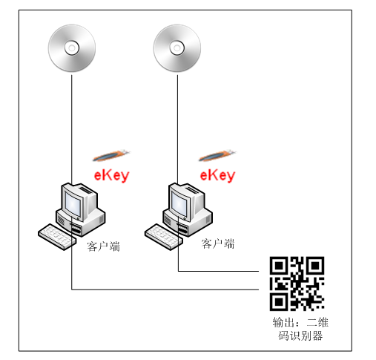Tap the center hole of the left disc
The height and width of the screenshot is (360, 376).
[72, 48]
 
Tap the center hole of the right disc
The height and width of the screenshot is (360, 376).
[177, 48]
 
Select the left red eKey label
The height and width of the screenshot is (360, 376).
[111, 175]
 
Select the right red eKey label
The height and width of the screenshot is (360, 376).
[217, 175]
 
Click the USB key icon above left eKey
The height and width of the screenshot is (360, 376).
[111, 156]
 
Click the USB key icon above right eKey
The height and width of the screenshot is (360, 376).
[217, 156]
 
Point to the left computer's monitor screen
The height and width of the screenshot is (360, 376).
[73, 203]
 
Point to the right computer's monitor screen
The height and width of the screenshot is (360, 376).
[179, 203]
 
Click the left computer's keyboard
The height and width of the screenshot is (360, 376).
[57, 237]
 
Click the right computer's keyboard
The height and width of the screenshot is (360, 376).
[164, 237]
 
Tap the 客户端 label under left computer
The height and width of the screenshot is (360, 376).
[103, 246]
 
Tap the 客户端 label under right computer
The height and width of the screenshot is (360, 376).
[218, 243]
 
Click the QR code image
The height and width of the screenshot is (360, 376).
[297, 284]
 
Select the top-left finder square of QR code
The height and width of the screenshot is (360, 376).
[279, 266]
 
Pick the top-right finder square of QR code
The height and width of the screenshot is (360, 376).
[314, 266]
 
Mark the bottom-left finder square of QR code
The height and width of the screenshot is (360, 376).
[279, 301]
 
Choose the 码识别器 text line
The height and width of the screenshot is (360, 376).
[300, 336]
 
